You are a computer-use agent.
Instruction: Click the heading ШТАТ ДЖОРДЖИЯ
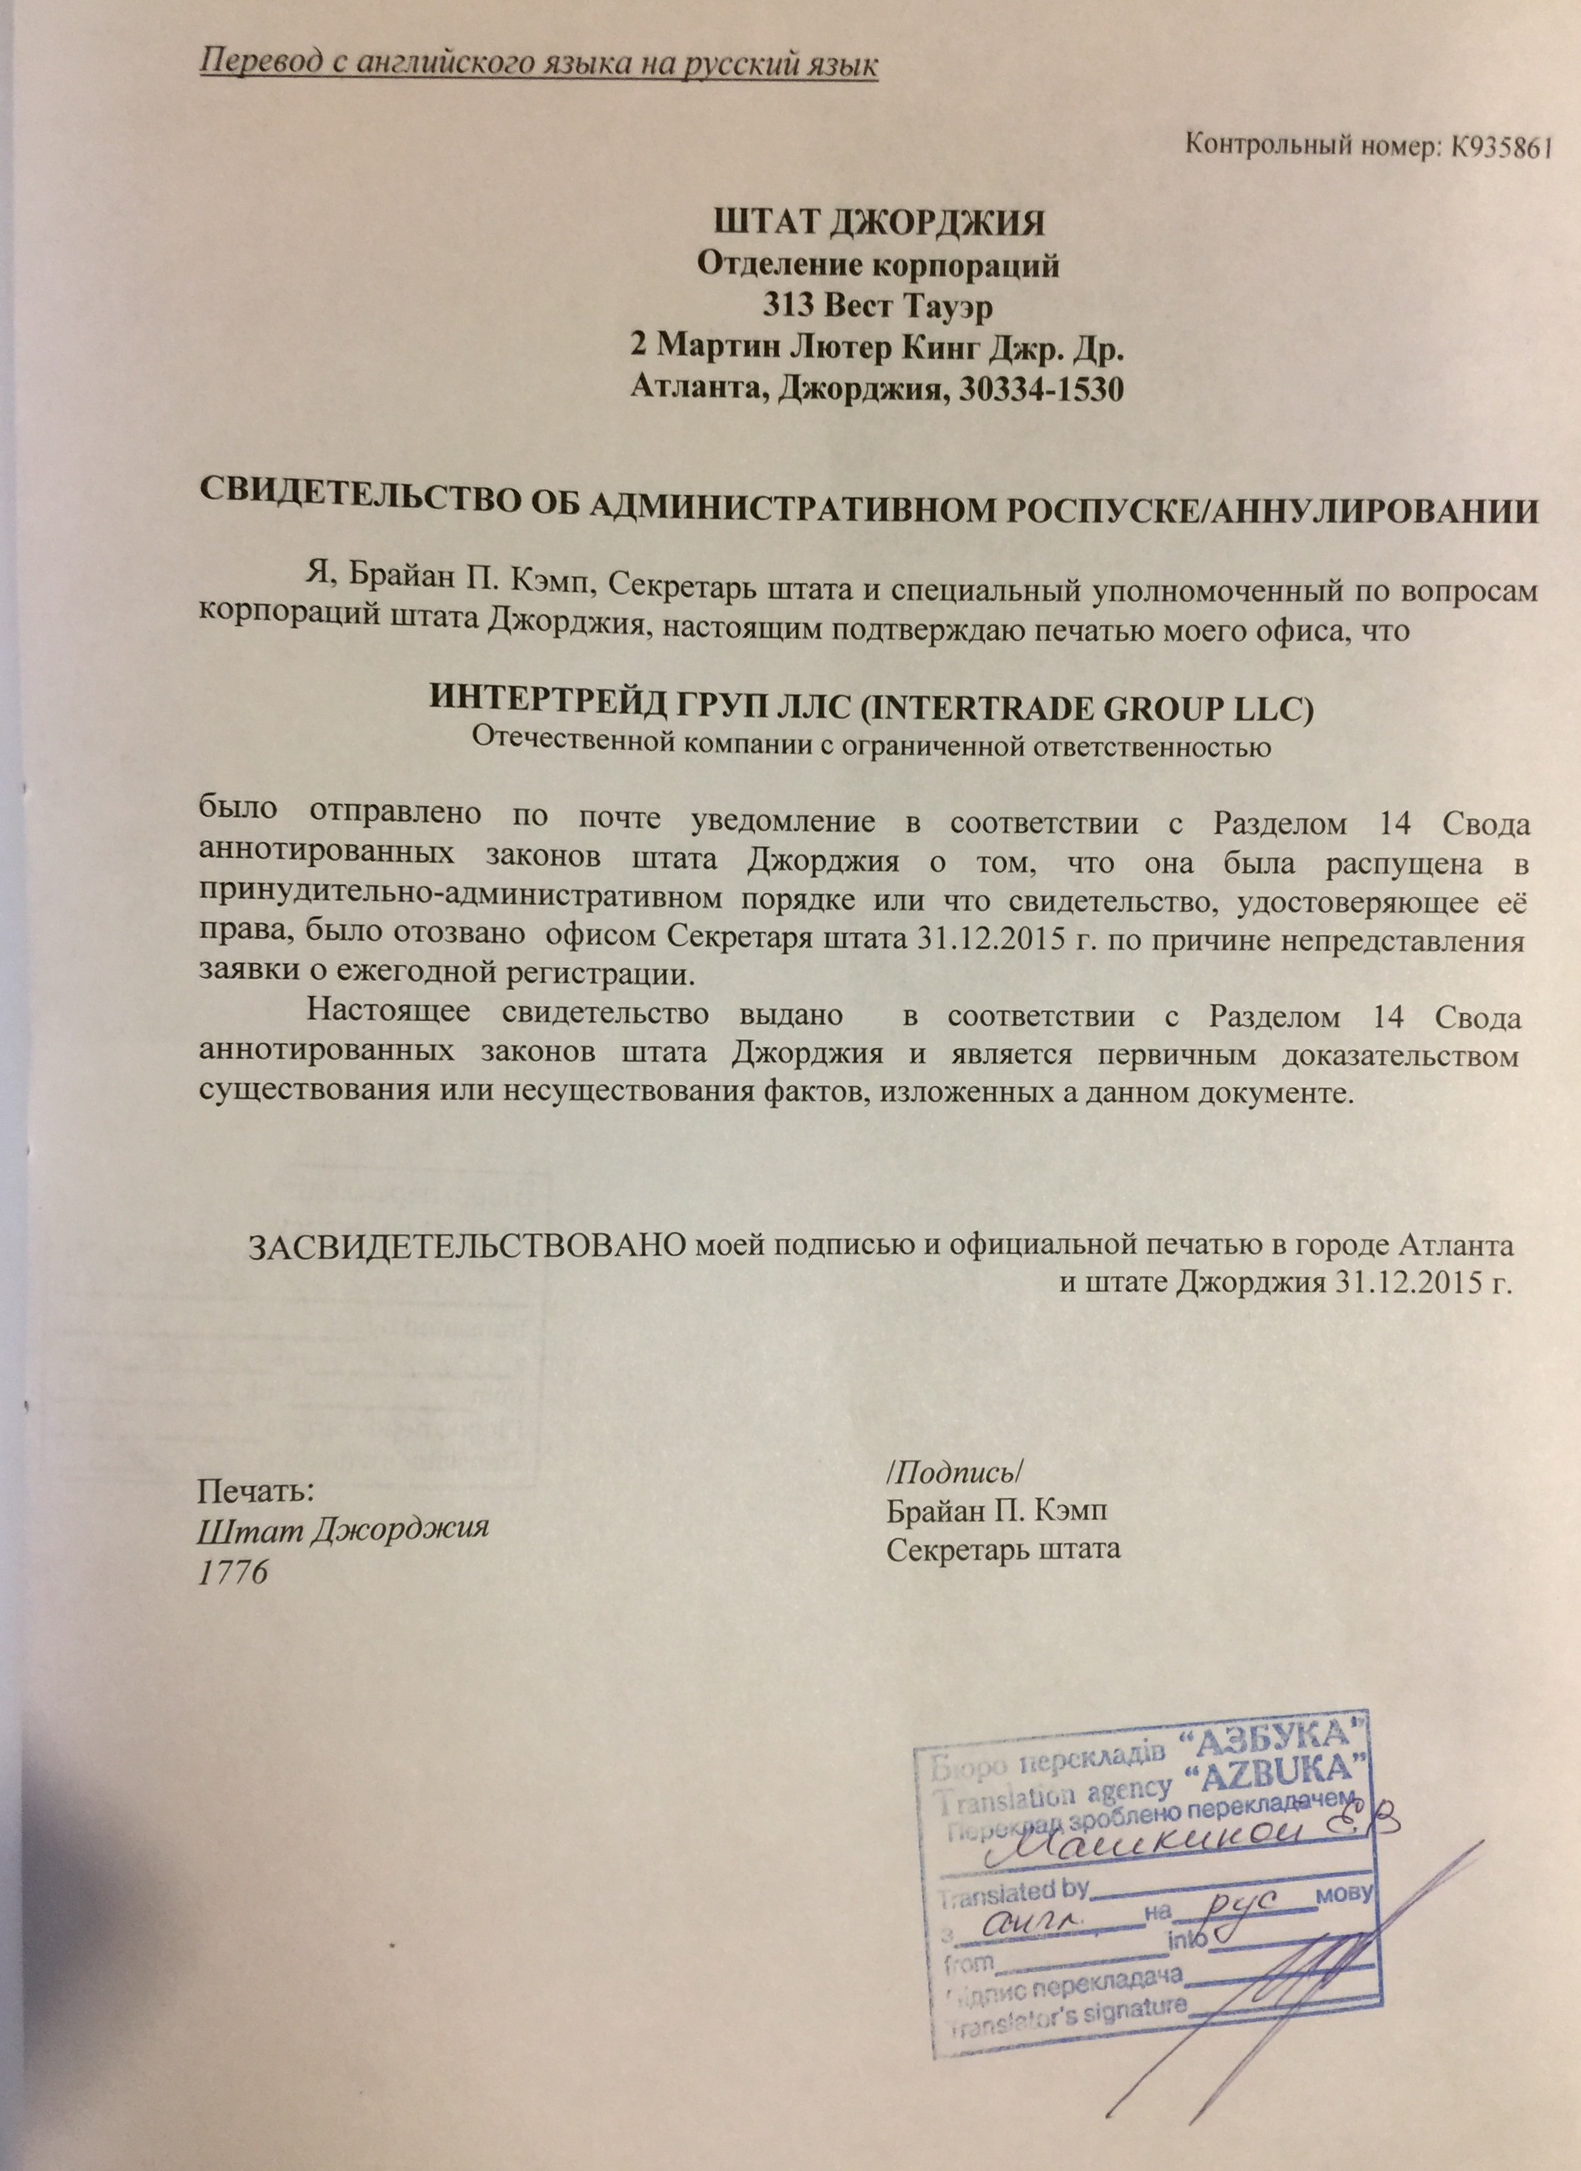tap(880, 222)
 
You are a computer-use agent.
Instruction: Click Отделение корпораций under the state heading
tap(878, 264)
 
